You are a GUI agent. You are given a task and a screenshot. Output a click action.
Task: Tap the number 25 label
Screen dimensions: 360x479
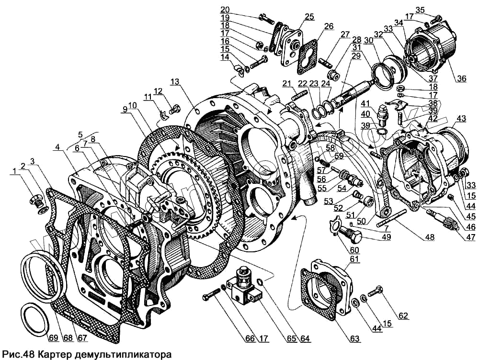coord(309,16)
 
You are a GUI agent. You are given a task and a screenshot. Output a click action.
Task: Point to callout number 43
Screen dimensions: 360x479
coord(461,119)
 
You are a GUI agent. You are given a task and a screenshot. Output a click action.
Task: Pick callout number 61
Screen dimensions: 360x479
coord(354,259)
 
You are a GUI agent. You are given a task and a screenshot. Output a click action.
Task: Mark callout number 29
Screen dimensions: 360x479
coord(355,56)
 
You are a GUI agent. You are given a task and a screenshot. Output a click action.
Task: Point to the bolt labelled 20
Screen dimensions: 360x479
coord(264,19)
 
